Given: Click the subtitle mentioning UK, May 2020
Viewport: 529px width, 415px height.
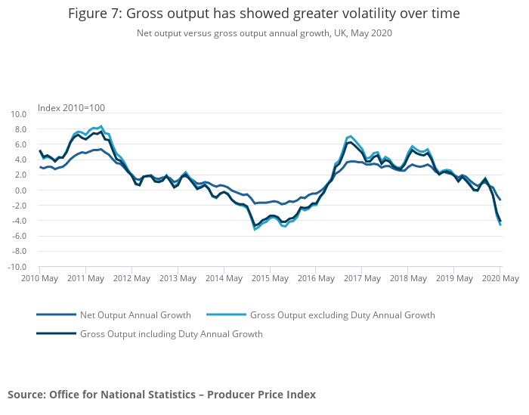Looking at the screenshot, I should point(264,33).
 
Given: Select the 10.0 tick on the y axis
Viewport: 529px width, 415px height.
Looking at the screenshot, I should point(19,114).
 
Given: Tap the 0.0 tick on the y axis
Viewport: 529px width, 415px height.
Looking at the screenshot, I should point(21,190).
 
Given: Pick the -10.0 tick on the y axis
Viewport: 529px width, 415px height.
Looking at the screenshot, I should point(17,267).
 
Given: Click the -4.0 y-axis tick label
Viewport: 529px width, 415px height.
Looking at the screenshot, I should point(20,221).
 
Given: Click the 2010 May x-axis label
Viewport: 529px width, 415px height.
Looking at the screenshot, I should point(39,278).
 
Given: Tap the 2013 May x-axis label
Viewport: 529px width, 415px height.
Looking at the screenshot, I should point(178,278).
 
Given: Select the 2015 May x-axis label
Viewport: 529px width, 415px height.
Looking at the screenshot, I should point(270,278).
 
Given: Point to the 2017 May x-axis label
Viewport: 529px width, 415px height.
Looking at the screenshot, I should point(362,278).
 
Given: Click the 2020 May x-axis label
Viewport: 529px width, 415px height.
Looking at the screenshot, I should point(500,278).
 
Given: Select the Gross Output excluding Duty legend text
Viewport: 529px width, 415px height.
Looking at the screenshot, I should point(342,315).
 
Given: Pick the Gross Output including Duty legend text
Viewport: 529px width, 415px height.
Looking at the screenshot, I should point(171,334).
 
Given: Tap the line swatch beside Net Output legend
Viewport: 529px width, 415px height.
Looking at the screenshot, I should point(56,315).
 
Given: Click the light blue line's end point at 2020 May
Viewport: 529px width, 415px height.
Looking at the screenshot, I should point(500,225).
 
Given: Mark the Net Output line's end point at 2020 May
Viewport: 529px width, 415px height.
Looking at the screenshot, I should point(500,200).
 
